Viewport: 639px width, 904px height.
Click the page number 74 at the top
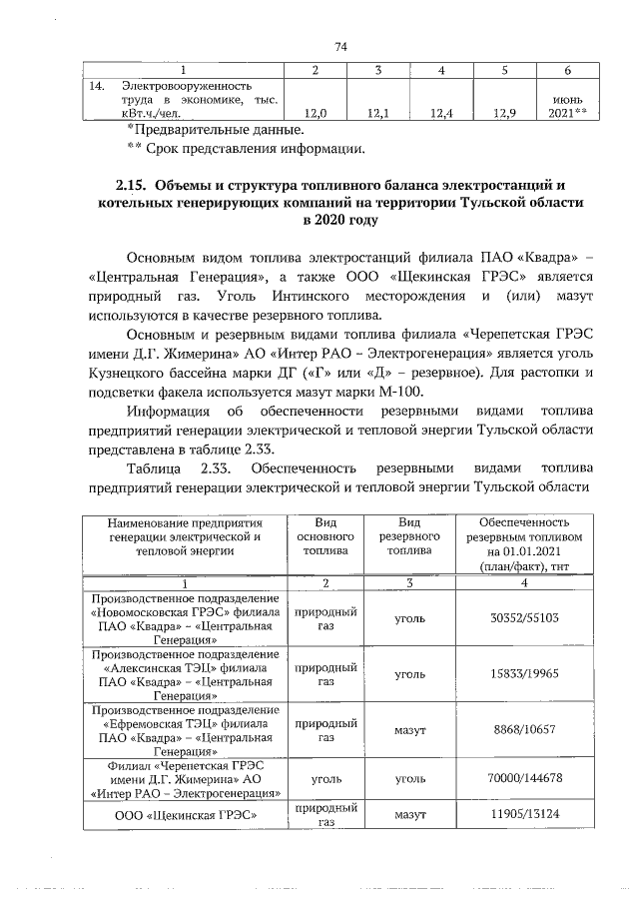(340, 47)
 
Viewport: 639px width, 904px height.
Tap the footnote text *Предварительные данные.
(214, 131)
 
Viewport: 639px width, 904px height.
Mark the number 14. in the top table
(96, 87)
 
